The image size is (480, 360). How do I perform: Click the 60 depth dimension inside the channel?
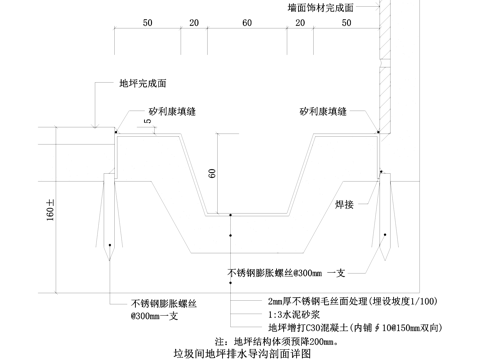[212, 172]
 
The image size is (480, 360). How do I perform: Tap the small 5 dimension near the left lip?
[146, 122]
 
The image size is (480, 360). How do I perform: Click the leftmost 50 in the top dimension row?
[147, 22]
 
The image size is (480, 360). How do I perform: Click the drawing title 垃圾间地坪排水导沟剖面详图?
[243, 353]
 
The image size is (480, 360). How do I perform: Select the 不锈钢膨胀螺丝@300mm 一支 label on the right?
[287, 272]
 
